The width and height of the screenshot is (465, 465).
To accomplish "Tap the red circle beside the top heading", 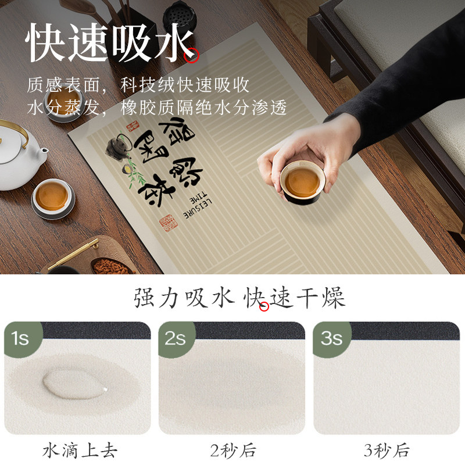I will click(191, 56).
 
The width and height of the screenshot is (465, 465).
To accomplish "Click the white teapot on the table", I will click(20, 154).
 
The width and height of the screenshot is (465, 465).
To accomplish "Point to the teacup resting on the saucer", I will click(53, 196).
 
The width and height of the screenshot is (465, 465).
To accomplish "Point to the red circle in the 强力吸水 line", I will click(264, 306).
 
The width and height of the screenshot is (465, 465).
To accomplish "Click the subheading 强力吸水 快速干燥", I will click(239, 298).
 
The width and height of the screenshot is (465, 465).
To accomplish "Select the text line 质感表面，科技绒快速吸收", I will click(138, 85).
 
